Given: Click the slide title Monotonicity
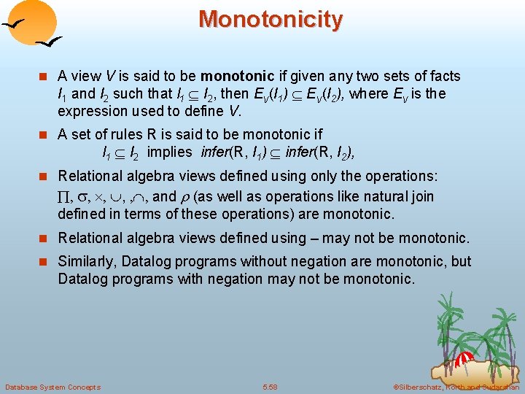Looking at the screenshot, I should [x=270, y=19].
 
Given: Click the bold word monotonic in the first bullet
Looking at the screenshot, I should [x=233, y=76].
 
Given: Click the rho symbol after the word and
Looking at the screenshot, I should [x=185, y=197].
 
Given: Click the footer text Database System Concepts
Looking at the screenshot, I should [x=52, y=387].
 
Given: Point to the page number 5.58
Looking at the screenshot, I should [x=269, y=387].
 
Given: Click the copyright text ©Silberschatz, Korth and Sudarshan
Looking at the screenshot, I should [x=456, y=387].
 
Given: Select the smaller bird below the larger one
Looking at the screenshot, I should [x=50, y=43].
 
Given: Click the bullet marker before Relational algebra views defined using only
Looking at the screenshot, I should [x=46, y=177].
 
